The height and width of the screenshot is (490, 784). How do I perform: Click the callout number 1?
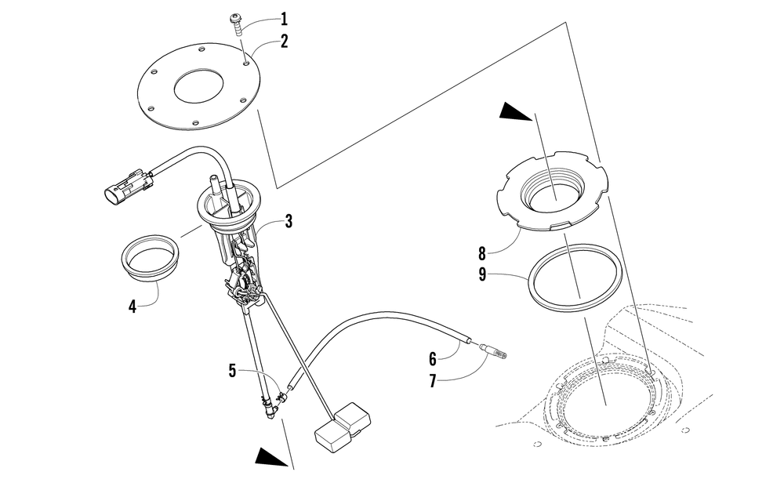pos(285,18)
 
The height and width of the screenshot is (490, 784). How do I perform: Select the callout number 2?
pos(285,41)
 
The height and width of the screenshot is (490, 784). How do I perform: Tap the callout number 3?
pos(289,222)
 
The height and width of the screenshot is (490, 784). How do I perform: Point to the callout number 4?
pos(132,307)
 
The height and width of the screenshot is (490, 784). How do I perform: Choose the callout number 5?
pos(232,370)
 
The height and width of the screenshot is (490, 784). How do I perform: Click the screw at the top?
pos(236,23)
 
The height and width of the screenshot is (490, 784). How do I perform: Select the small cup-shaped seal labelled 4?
pos(149,259)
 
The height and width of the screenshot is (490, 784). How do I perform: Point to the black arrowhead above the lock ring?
pos(518,113)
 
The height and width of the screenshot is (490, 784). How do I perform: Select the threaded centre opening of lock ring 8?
pos(554,191)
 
